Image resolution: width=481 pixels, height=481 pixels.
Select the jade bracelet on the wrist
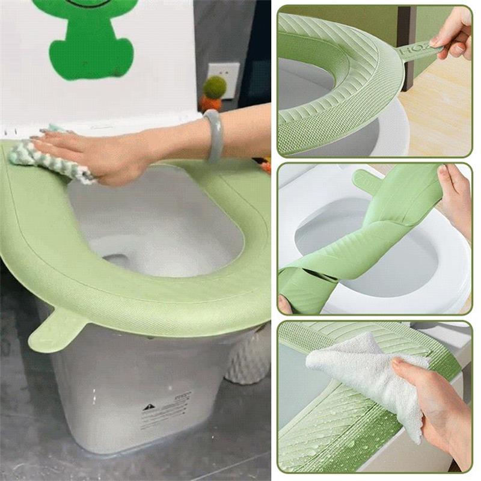[214, 135]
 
